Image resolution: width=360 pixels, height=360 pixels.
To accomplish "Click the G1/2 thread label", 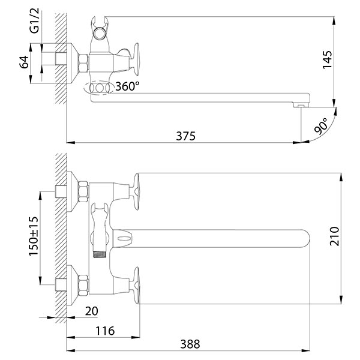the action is tap(35, 20).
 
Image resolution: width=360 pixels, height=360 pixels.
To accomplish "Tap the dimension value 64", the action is tap(24, 62).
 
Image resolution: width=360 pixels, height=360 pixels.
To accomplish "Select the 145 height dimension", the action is tap(327, 59).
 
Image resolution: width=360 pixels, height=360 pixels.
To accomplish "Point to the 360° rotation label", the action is tap(127, 86).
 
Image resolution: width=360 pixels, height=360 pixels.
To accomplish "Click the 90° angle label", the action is tap(321, 126).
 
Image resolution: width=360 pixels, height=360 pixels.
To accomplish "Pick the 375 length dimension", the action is tap(186, 136).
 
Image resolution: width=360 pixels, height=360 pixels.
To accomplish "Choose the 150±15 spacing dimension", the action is tap(34, 236).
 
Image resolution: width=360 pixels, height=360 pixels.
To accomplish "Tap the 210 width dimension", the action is tap(334, 236).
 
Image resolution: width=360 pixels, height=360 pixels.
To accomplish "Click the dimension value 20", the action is tap(91, 311).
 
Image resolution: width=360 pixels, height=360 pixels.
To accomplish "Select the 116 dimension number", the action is tap(105, 331).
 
